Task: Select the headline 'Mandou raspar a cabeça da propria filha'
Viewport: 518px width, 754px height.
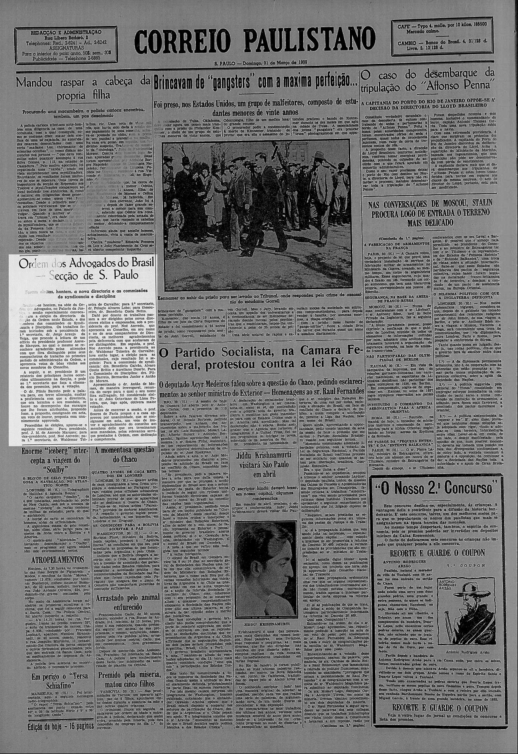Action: (x=82, y=88)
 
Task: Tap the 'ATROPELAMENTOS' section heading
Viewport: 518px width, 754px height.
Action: (x=52, y=560)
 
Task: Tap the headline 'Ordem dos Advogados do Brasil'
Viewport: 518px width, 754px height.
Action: (x=82, y=268)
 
